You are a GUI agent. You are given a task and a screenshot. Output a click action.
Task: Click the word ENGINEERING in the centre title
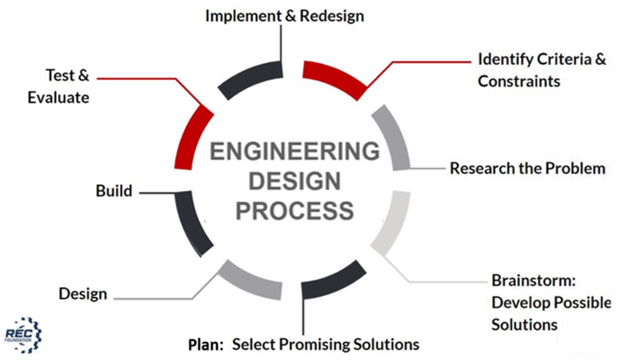point(293,153)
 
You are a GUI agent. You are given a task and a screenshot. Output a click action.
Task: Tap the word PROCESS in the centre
point(293,209)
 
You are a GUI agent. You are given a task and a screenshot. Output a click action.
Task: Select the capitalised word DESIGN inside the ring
point(293,182)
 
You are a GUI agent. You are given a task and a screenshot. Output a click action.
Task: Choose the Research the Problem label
point(527,169)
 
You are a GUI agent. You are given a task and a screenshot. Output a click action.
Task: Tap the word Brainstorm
point(527,281)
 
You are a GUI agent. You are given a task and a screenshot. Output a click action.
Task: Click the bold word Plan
point(207,344)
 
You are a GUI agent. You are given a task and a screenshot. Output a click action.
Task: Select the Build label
point(113,190)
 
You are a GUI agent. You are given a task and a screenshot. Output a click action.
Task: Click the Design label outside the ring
point(83,293)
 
